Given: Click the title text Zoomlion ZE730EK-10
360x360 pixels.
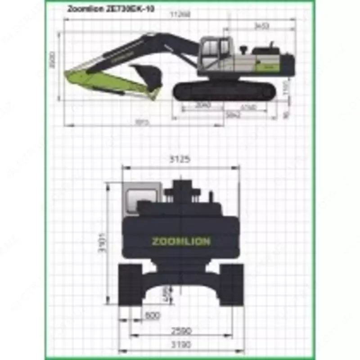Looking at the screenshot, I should [x=111, y=9].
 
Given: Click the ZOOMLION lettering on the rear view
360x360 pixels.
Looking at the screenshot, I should [x=181, y=242].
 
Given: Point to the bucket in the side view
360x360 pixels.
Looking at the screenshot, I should [x=147, y=76].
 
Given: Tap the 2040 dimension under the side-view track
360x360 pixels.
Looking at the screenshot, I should [x=203, y=105].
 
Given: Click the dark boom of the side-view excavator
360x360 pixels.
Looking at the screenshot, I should [x=135, y=49].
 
